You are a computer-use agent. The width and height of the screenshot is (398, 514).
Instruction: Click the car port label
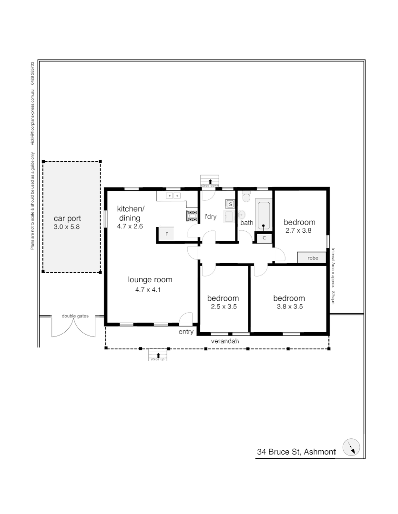click(x=67, y=218)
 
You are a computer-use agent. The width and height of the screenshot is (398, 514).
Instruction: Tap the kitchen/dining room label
click(x=131, y=213)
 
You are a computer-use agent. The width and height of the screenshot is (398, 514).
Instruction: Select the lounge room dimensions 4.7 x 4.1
click(x=148, y=289)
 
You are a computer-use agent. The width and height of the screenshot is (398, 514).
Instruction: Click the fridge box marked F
click(x=166, y=234)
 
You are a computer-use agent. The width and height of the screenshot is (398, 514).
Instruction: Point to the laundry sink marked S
click(x=230, y=204)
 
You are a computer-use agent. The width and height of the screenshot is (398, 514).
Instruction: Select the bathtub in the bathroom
click(x=264, y=216)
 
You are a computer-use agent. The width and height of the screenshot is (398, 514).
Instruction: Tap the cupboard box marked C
click(x=264, y=238)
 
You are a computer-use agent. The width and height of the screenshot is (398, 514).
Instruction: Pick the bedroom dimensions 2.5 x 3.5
click(x=224, y=306)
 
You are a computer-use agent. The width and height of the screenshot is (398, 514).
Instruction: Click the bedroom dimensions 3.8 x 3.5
click(x=290, y=306)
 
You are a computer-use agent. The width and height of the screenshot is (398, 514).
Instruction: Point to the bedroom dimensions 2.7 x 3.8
click(x=298, y=230)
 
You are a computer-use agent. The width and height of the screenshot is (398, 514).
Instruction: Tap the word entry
click(x=186, y=332)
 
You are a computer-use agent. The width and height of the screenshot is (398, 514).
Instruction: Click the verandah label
click(x=225, y=341)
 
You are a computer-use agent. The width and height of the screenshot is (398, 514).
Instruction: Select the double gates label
click(x=75, y=316)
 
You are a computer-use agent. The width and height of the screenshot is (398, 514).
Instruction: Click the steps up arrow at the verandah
click(x=158, y=355)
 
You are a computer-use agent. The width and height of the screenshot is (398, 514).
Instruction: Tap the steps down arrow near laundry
click(x=210, y=182)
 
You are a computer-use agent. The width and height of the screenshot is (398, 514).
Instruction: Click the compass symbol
click(x=351, y=447)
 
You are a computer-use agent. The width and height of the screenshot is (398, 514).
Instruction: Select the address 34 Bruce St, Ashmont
click(x=296, y=452)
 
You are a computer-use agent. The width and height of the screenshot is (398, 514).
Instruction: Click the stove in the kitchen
click(x=192, y=216)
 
